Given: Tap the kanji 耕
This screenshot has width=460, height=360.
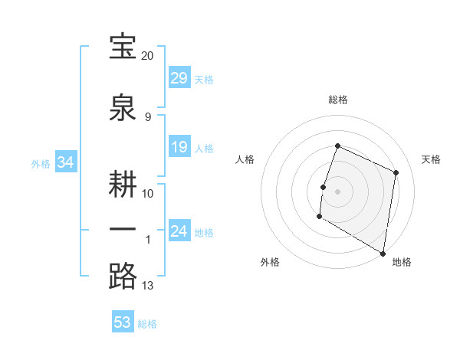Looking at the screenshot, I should (123, 184).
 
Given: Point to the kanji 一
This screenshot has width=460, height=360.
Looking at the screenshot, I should (123, 230).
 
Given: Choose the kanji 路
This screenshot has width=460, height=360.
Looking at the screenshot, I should (123, 276).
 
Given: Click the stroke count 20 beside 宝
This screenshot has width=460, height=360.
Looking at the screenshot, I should (148, 56).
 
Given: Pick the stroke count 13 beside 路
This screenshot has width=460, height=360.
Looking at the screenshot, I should (148, 286).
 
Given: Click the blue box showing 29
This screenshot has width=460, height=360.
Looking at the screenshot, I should (179, 78).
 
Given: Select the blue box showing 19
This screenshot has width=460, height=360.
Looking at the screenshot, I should (179, 147).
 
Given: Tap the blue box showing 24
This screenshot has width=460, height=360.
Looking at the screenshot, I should (179, 231).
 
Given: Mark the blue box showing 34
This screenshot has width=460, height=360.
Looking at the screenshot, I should (65, 162).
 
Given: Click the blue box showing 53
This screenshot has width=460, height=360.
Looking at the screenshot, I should (123, 322).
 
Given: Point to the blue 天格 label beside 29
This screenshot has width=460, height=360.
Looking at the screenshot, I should (204, 79).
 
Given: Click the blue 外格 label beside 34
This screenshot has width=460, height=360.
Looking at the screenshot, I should (41, 163).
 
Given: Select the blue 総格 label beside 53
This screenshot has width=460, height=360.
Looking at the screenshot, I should (147, 323).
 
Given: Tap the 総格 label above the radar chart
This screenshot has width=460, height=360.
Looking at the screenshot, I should (337, 100).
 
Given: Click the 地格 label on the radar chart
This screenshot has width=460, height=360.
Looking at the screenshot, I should (402, 263).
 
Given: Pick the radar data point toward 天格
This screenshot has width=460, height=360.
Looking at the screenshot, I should (396, 172).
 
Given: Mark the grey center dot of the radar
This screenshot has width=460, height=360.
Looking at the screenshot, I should (337, 191).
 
